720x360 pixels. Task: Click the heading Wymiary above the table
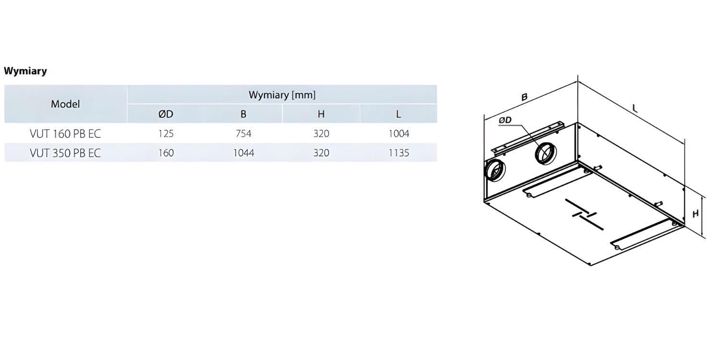25,71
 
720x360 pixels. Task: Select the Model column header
65,104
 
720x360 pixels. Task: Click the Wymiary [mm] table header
282,95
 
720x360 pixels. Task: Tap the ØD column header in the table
166,114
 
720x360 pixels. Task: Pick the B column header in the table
243,114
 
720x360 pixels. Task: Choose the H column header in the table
321,114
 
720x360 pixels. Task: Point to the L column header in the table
398,114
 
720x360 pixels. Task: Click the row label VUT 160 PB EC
65,134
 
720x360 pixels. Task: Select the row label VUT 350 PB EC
65,153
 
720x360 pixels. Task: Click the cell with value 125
166,134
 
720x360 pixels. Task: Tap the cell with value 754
243,134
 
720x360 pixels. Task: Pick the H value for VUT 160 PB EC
321,134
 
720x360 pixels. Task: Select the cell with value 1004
398,134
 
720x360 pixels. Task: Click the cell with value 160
166,153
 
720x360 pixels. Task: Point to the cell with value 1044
243,153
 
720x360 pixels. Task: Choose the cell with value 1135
398,153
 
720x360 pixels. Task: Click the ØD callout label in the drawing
505,120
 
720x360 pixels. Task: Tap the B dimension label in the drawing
524,97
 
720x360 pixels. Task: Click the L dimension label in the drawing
635,108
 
